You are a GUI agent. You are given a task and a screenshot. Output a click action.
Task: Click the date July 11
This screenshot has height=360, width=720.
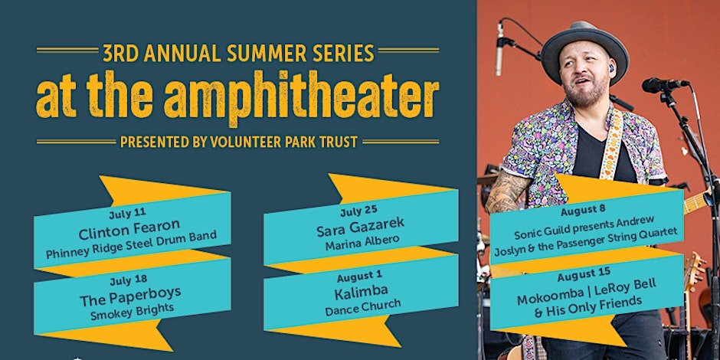(127, 214)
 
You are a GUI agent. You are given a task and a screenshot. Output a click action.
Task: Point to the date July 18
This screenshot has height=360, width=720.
(128, 279)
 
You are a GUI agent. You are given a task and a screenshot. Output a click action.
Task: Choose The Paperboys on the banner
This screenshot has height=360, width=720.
(130, 295)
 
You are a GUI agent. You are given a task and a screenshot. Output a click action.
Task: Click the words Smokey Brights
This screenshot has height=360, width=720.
(133, 311)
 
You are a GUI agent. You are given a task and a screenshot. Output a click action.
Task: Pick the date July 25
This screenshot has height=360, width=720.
(358, 211)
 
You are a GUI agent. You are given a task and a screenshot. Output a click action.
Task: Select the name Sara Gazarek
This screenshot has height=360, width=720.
(361, 226)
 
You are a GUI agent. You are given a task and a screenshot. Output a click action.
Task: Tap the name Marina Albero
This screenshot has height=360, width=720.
(361, 241)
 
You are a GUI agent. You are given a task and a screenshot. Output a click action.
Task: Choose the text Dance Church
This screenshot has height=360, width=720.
(363, 306)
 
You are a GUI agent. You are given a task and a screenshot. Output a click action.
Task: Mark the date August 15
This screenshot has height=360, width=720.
(584, 275)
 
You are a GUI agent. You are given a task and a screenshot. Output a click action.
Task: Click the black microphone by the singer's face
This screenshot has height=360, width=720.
(665, 84)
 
